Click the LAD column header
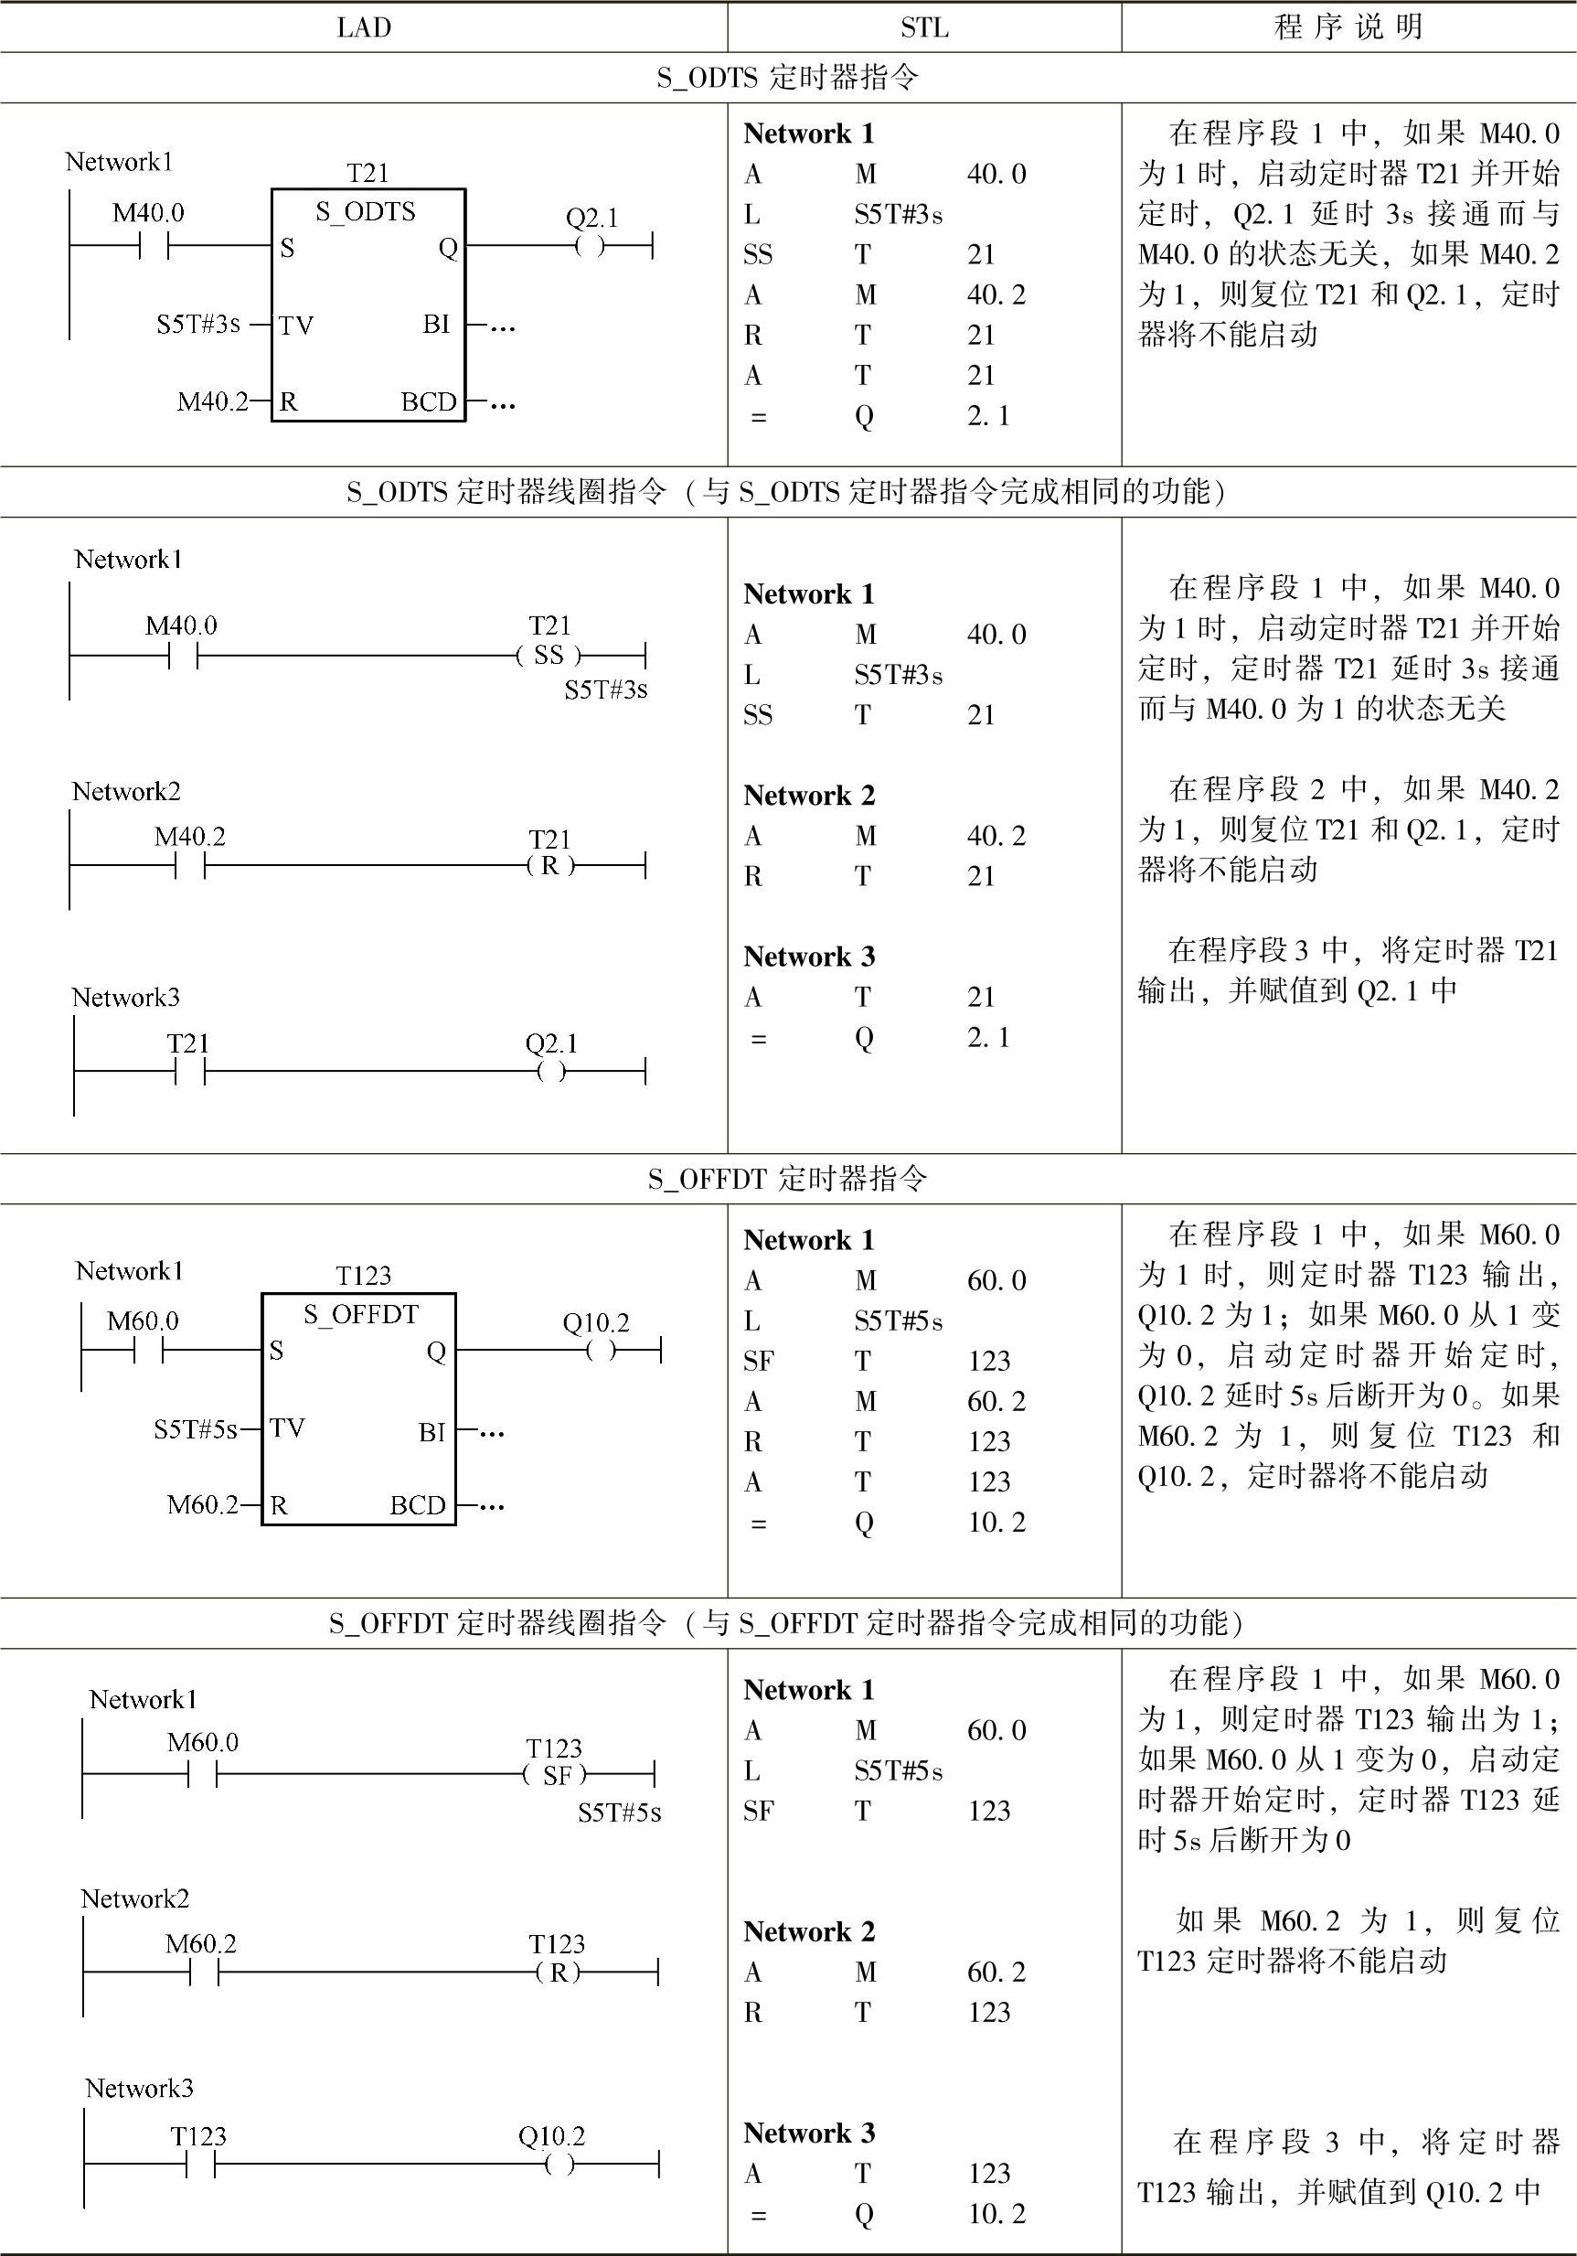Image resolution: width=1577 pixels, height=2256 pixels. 364,27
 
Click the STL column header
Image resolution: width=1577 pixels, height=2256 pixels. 923,27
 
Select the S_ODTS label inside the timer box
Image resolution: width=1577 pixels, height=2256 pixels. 366,212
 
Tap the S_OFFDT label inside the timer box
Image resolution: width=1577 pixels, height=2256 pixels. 360,1315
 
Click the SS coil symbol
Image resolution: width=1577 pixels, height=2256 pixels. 549,655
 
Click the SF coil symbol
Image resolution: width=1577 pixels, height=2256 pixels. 556,1775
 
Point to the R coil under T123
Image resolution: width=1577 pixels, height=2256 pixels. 558,1972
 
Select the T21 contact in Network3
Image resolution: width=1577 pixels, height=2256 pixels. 189,1071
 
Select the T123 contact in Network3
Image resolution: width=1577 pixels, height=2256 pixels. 200,2164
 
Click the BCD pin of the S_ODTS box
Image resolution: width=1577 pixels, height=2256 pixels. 429,401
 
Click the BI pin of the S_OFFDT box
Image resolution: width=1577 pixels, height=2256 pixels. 432,1433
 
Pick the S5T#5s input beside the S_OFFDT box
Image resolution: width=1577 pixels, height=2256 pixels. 196,1429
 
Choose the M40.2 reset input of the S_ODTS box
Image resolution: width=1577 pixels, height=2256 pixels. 212,401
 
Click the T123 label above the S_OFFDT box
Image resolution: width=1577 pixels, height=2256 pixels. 363,1276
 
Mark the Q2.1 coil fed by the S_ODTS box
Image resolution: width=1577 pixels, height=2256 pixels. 590,246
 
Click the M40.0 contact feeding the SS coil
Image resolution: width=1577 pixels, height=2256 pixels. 183,655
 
